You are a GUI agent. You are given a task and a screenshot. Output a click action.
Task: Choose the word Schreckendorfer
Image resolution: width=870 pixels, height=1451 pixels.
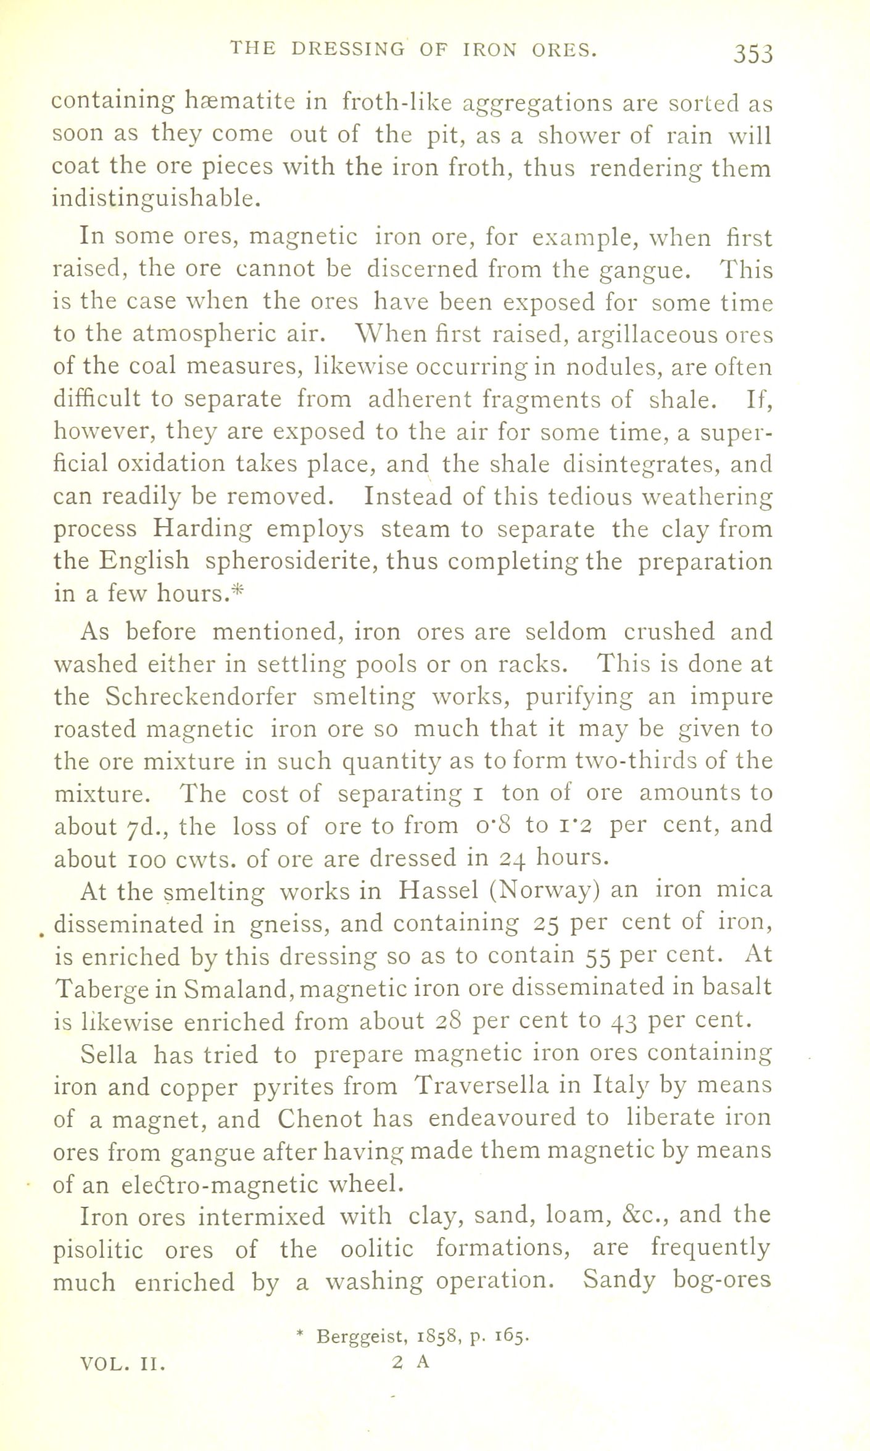pos(201,696)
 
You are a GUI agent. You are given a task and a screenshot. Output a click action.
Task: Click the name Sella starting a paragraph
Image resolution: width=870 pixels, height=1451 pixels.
pos(109,1055)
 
